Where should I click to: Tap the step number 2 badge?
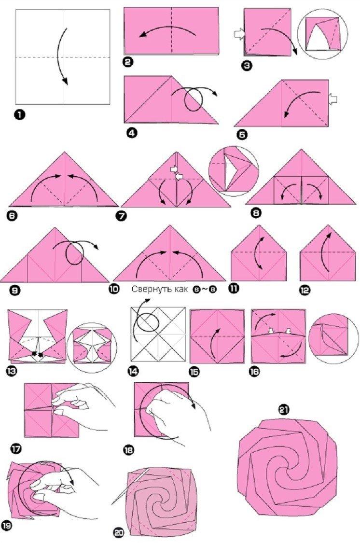pyautogui.click(x=129, y=61)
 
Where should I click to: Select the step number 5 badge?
pyautogui.click(x=242, y=135)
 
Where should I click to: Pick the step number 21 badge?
pyautogui.click(x=284, y=410)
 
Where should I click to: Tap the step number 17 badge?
pyautogui.click(x=16, y=448)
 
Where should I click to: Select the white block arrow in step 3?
pyautogui.click(x=239, y=34)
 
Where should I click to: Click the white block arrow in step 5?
pyautogui.click(x=332, y=99)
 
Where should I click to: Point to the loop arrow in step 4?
pyautogui.click(x=193, y=99)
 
